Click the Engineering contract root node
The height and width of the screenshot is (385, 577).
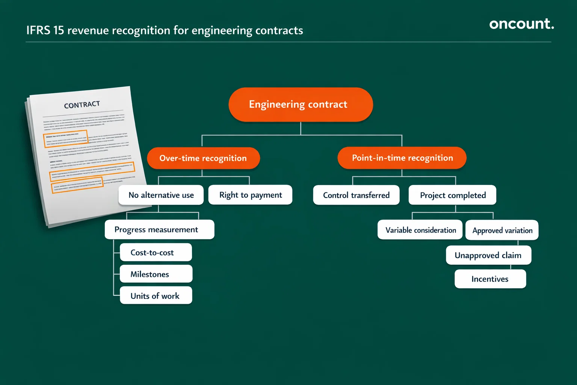point(301,105)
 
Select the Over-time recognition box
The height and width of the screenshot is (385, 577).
point(203,158)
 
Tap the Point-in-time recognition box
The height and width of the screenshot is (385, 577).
point(402,158)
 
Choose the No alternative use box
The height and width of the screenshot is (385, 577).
point(161,195)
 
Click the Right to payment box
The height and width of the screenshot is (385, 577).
point(251,195)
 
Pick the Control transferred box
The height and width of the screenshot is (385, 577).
point(356,195)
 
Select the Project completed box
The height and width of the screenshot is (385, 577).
point(453,195)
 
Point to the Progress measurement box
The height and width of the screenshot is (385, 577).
point(159,230)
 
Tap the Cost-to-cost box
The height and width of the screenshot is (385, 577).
point(156,253)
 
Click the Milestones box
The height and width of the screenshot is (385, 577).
point(156,274)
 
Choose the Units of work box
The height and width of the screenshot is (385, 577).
point(156,296)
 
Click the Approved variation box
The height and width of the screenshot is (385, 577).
point(502,230)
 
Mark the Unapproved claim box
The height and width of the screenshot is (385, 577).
point(488,256)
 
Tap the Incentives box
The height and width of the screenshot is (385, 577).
point(490,279)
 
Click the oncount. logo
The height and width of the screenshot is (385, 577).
point(521,24)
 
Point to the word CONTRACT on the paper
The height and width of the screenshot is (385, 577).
point(82,105)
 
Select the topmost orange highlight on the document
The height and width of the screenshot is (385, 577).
point(66,138)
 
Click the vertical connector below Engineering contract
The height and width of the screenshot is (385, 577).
point(301,128)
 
